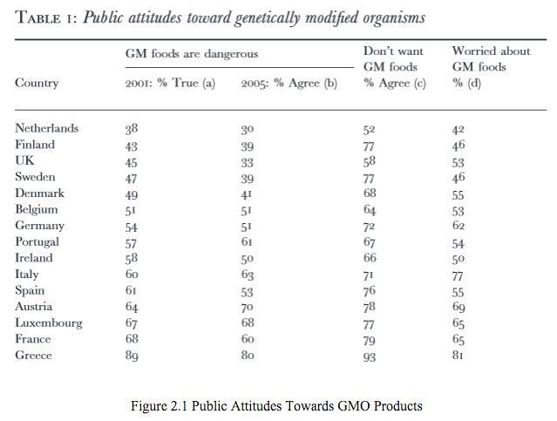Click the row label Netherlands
coord(47,128)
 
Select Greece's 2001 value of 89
coord(132,356)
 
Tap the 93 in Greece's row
coord(370,356)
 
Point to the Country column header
coord(37,84)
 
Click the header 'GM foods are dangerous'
coord(193,54)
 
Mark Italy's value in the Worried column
coord(459,275)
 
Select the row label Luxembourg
coord(49,323)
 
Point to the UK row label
coord(24,160)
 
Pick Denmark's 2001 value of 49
coord(132,194)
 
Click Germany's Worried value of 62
coord(459,227)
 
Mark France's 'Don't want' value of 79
coord(370,340)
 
